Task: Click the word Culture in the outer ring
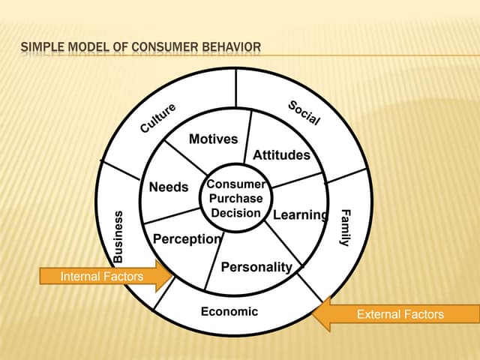click(158, 118)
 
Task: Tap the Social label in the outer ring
click(304, 112)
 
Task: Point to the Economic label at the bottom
click(229, 311)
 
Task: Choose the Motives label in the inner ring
click(213, 139)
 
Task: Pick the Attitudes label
click(281, 155)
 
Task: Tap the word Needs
click(169, 187)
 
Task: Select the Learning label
click(301, 215)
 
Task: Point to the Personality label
click(256, 267)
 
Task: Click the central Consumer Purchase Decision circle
click(235, 198)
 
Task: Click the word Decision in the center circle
click(235, 212)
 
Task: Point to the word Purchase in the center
click(235, 199)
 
